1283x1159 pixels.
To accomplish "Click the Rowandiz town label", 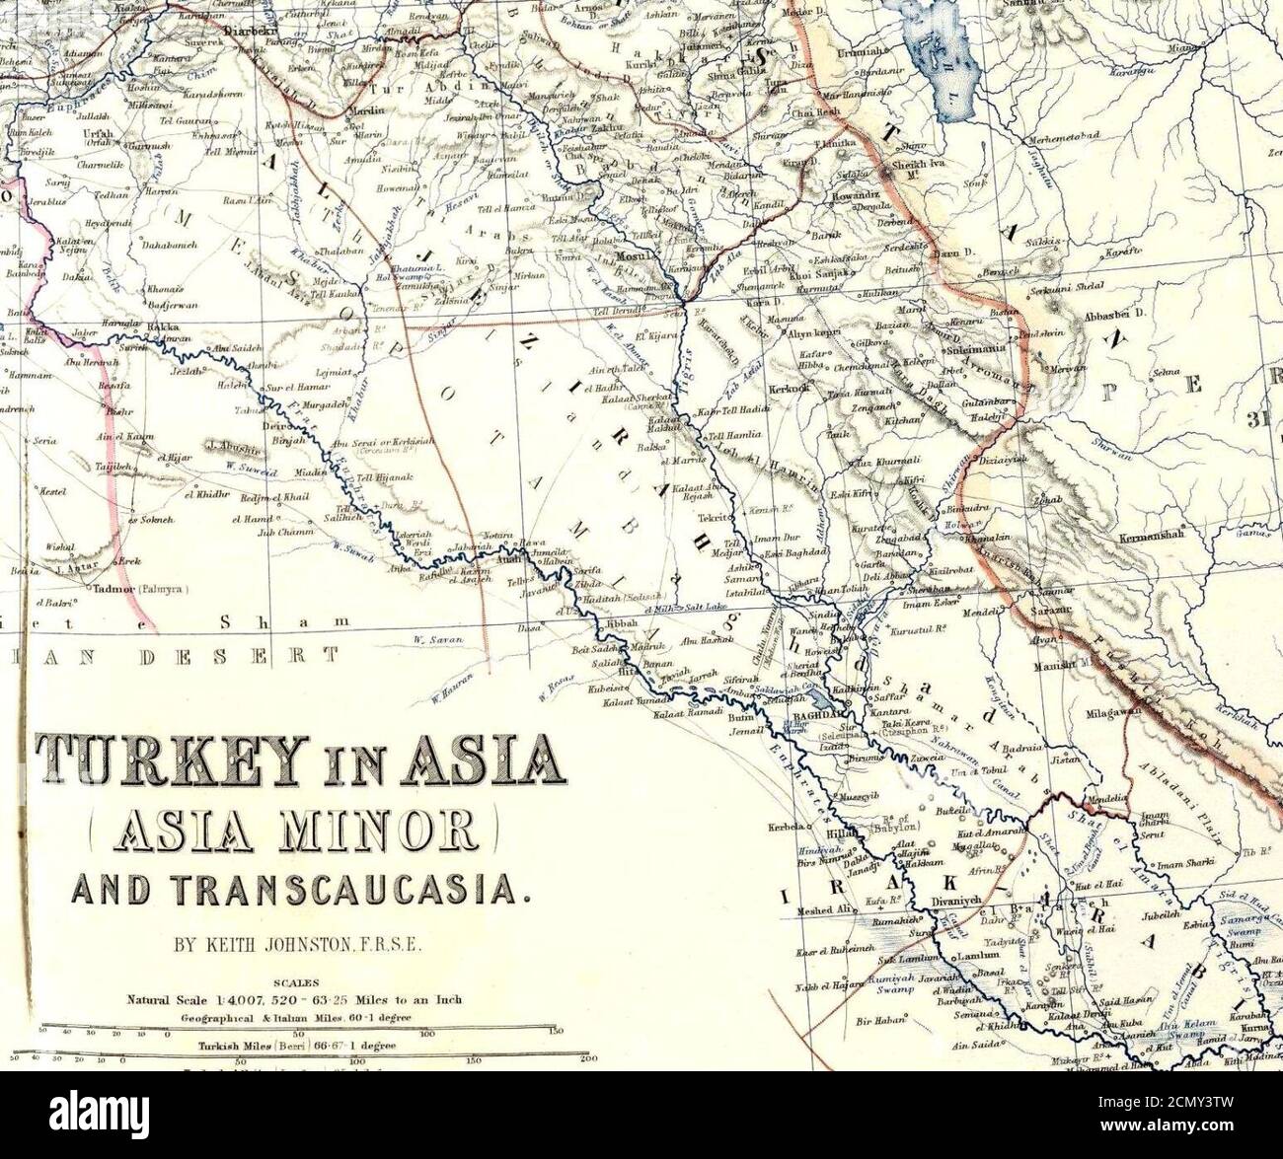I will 850,194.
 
